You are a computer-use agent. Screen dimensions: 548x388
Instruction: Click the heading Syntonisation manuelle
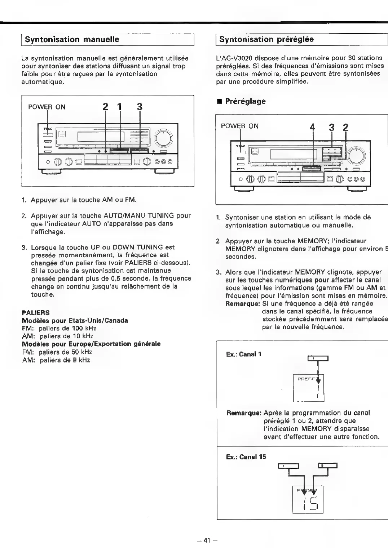click(72, 39)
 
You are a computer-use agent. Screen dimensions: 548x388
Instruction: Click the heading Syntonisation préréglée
click(266, 39)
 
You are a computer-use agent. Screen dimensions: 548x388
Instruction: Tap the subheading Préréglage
click(245, 101)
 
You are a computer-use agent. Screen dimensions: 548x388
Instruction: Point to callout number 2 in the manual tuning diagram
click(105, 107)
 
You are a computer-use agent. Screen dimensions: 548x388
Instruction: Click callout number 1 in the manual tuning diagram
click(120, 107)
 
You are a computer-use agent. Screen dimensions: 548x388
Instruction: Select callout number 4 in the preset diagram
click(313, 127)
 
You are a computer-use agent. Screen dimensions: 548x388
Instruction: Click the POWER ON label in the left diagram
click(47, 107)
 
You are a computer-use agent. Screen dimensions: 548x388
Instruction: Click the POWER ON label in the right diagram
click(239, 126)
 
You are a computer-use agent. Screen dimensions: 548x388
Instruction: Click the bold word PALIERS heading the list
click(36, 312)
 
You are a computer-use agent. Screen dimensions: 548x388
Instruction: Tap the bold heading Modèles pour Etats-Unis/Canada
click(75, 320)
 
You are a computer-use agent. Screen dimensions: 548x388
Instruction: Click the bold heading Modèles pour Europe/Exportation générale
click(91, 344)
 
